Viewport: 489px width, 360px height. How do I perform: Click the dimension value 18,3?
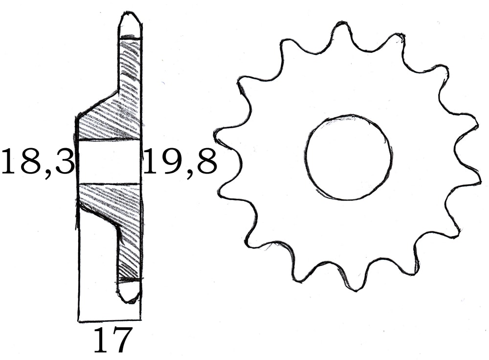point(37,162)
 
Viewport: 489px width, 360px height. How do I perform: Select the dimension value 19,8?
point(179,162)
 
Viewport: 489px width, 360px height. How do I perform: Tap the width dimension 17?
point(112,340)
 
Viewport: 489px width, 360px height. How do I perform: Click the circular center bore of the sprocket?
point(348,157)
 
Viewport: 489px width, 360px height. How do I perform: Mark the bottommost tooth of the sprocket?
point(356,285)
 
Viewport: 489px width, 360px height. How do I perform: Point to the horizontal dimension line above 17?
point(110,321)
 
